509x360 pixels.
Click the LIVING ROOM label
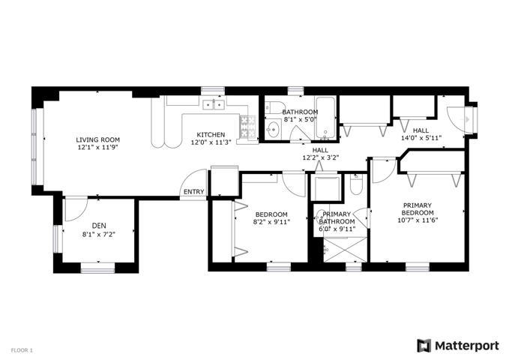click(x=97, y=140)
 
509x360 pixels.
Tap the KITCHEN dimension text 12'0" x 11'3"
click(x=211, y=142)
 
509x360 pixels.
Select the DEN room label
click(x=99, y=226)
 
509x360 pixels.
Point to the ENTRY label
click(x=194, y=192)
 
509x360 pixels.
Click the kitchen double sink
click(x=214, y=105)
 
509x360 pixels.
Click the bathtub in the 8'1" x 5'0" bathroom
click(x=325, y=118)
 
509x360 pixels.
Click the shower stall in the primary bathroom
click(x=345, y=249)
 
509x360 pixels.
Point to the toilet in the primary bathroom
click(x=356, y=184)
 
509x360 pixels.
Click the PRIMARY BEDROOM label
click(x=418, y=209)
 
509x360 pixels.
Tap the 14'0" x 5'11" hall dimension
click(x=421, y=138)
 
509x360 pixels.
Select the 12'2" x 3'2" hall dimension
click(x=320, y=158)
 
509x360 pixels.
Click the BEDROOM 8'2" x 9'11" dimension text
click(x=271, y=222)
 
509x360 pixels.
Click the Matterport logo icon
click(x=424, y=346)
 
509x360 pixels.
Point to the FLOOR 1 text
click(x=22, y=350)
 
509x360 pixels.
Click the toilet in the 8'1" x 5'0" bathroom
click(x=272, y=107)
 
